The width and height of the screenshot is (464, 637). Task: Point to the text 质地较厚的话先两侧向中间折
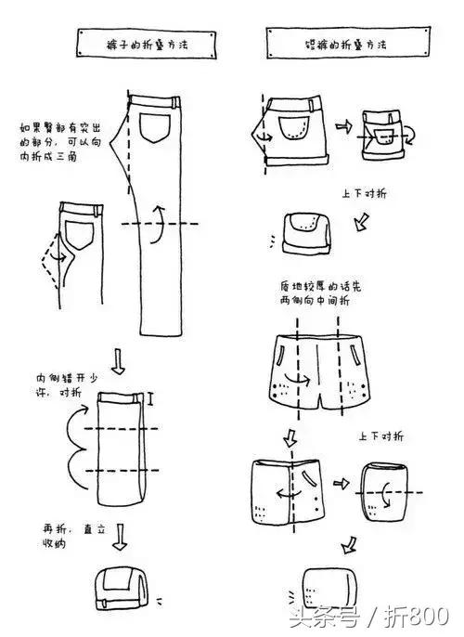point(314,292)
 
